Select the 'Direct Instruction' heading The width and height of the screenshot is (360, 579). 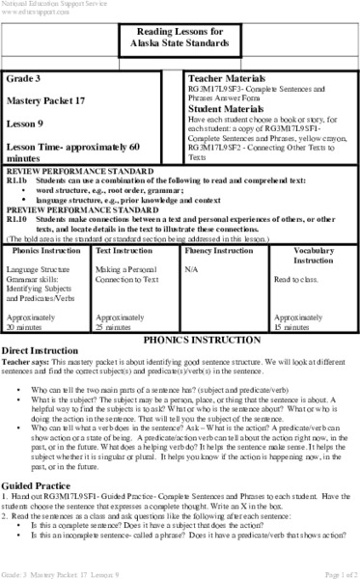click(42, 354)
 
